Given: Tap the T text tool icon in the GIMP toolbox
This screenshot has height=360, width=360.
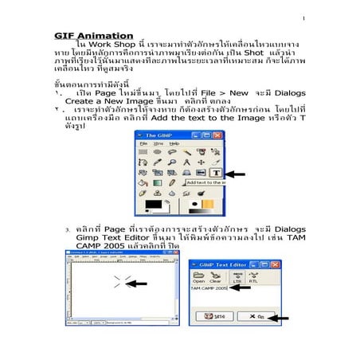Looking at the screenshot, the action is [213, 171].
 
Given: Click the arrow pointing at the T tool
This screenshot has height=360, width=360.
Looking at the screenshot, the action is [234, 172].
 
